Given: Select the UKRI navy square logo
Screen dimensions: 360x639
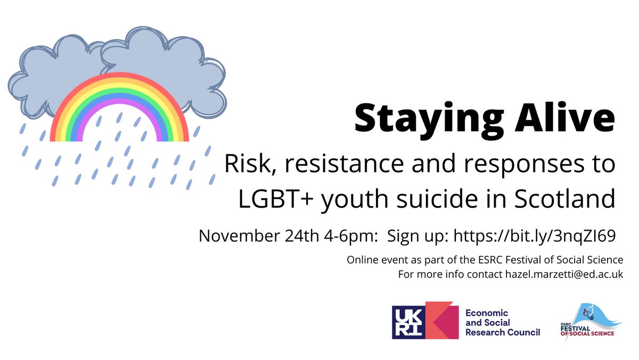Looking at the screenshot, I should [408, 322].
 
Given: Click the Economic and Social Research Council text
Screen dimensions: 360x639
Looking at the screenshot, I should [502, 322].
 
